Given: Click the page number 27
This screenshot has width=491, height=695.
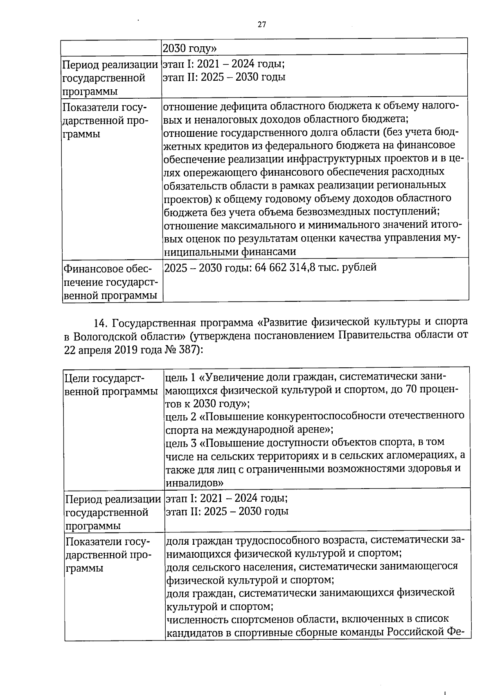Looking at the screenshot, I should [x=262, y=25].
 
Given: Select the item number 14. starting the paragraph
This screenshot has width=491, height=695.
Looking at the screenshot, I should [x=101, y=323].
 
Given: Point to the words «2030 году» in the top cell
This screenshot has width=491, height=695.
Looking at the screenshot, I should [x=189, y=49].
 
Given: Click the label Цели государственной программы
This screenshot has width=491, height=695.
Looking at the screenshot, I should [x=111, y=384].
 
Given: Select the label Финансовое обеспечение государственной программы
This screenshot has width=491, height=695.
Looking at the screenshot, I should [x=110, y=282].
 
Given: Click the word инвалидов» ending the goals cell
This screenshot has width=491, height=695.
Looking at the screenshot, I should [x=194, y=482].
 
